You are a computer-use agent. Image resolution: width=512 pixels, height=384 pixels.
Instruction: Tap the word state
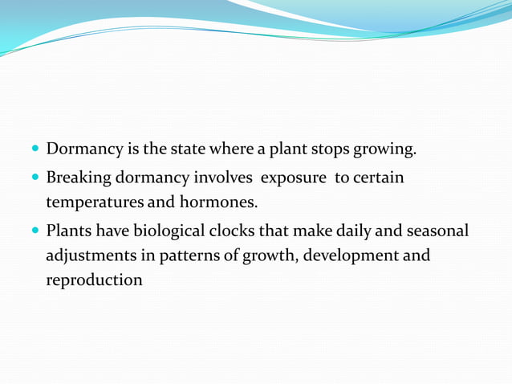tap(189, 149)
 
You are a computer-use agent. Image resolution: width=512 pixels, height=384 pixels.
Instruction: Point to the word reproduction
tap(95, 280)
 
